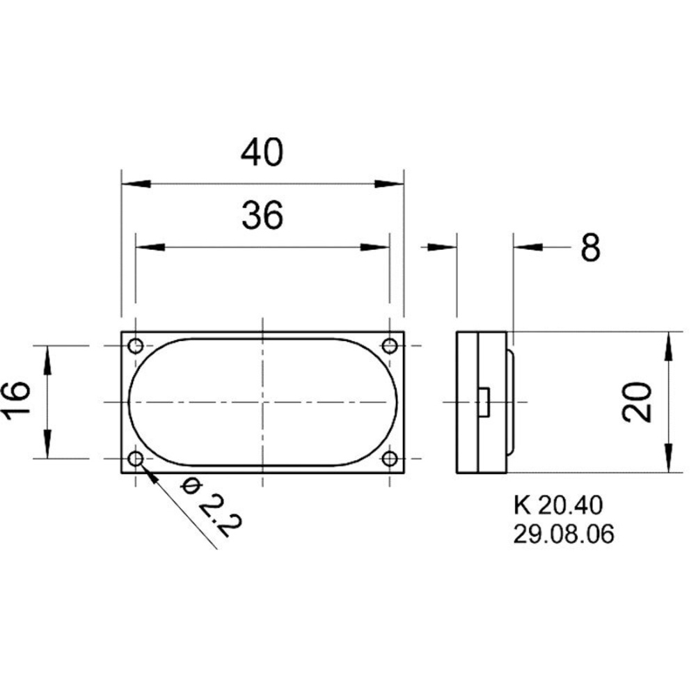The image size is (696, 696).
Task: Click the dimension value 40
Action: pyautogui.click(x=262, y=152)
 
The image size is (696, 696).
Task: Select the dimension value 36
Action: pyautogui.click(x=262, y=215)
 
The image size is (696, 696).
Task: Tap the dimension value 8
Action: pyautogui.click(x=591, y=247)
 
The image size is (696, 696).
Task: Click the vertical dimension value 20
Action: pyautogui.click(x=637, y=402)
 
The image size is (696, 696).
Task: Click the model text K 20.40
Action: pyautogui.click(x=558, y=505)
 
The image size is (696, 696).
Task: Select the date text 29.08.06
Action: pyautogui.click(x=564, y=534)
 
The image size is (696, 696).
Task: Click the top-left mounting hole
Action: pyautogui.click(x=136, y=345)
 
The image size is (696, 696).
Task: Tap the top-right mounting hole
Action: pyautogui.click(x=390, y=345)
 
